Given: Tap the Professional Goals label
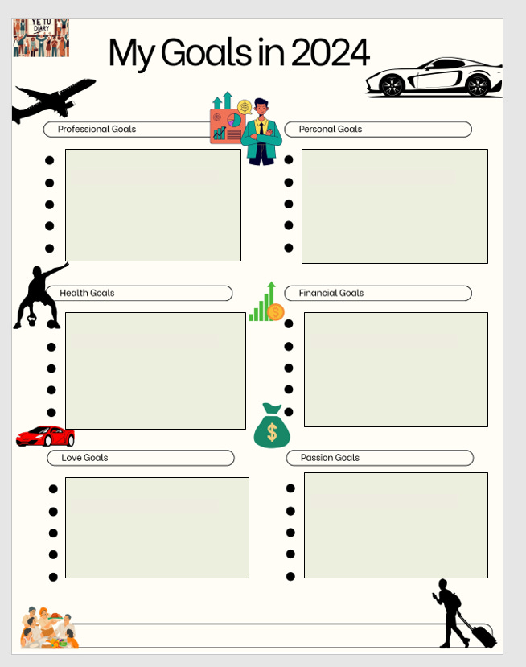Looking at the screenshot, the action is click(97, 129).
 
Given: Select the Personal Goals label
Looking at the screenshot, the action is click(331, 129).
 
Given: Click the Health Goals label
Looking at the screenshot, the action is click(87, 293).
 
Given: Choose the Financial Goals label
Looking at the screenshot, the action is click(331, 293).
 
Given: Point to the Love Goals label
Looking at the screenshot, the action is click(84, 458).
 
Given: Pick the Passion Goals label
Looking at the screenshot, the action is click(330, 458).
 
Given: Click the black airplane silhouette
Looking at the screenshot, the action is click(52, 101).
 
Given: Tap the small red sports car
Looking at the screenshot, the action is click(46, 436).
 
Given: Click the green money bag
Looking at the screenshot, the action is click(272, 427).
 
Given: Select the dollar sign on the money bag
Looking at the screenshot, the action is click(272, 433).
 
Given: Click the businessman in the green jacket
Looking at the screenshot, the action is click(261, 133).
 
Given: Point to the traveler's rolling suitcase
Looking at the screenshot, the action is click(480, 634).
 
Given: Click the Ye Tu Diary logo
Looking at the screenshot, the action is click(40, 37).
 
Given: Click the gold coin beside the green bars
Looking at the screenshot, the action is click(276, 312).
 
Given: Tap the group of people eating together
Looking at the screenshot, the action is click(49, 628).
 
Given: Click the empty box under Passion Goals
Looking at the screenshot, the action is click(396, 525).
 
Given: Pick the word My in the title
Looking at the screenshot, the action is click(132, 53).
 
